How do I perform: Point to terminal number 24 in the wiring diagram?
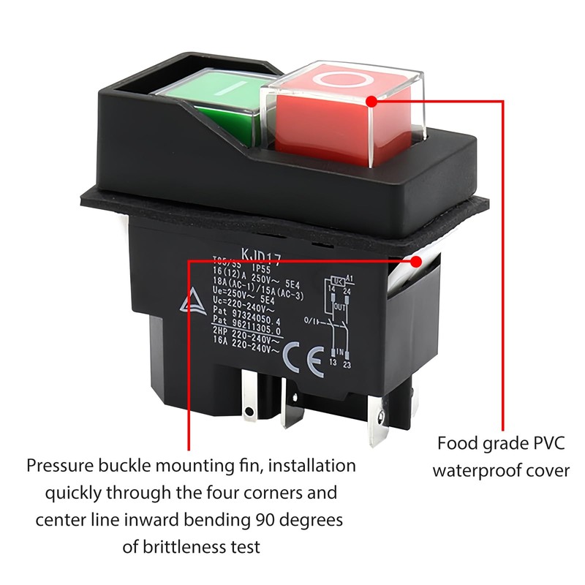(348, 290)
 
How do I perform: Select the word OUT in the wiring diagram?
(339, 306)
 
